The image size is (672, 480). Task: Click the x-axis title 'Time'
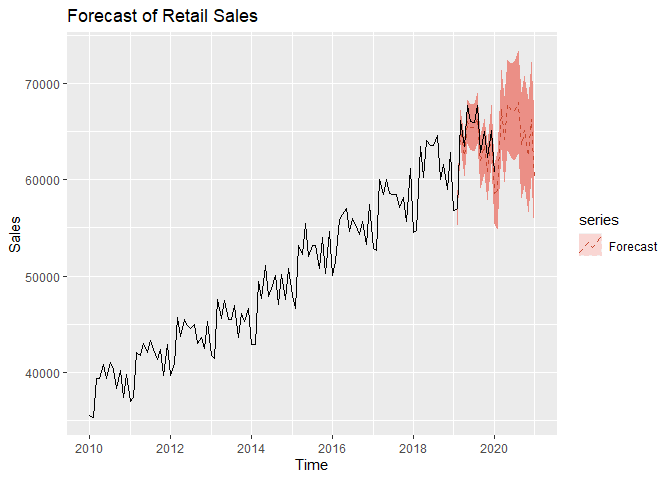[x=311, y=465]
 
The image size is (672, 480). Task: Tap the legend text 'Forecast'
[x=632, y=246]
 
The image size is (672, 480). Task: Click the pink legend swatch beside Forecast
[x=590, y=246]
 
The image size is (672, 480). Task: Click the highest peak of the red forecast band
[x=518, y=52]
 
